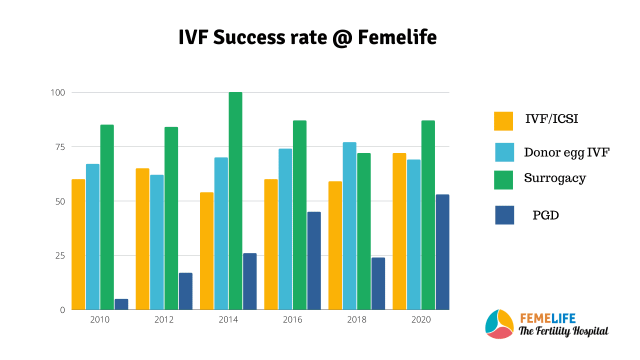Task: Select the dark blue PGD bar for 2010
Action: [121, 304]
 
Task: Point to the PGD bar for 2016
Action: [314, 260]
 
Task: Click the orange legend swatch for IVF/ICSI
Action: [503, 121]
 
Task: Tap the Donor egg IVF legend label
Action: [566, 152]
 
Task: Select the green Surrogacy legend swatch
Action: [503, 180]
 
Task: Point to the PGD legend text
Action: [545, 215]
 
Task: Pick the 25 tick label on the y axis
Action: [60, 255]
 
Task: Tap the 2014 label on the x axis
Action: [228, 319]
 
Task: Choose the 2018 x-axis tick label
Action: [356, 319]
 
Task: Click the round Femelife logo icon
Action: [499, 324]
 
